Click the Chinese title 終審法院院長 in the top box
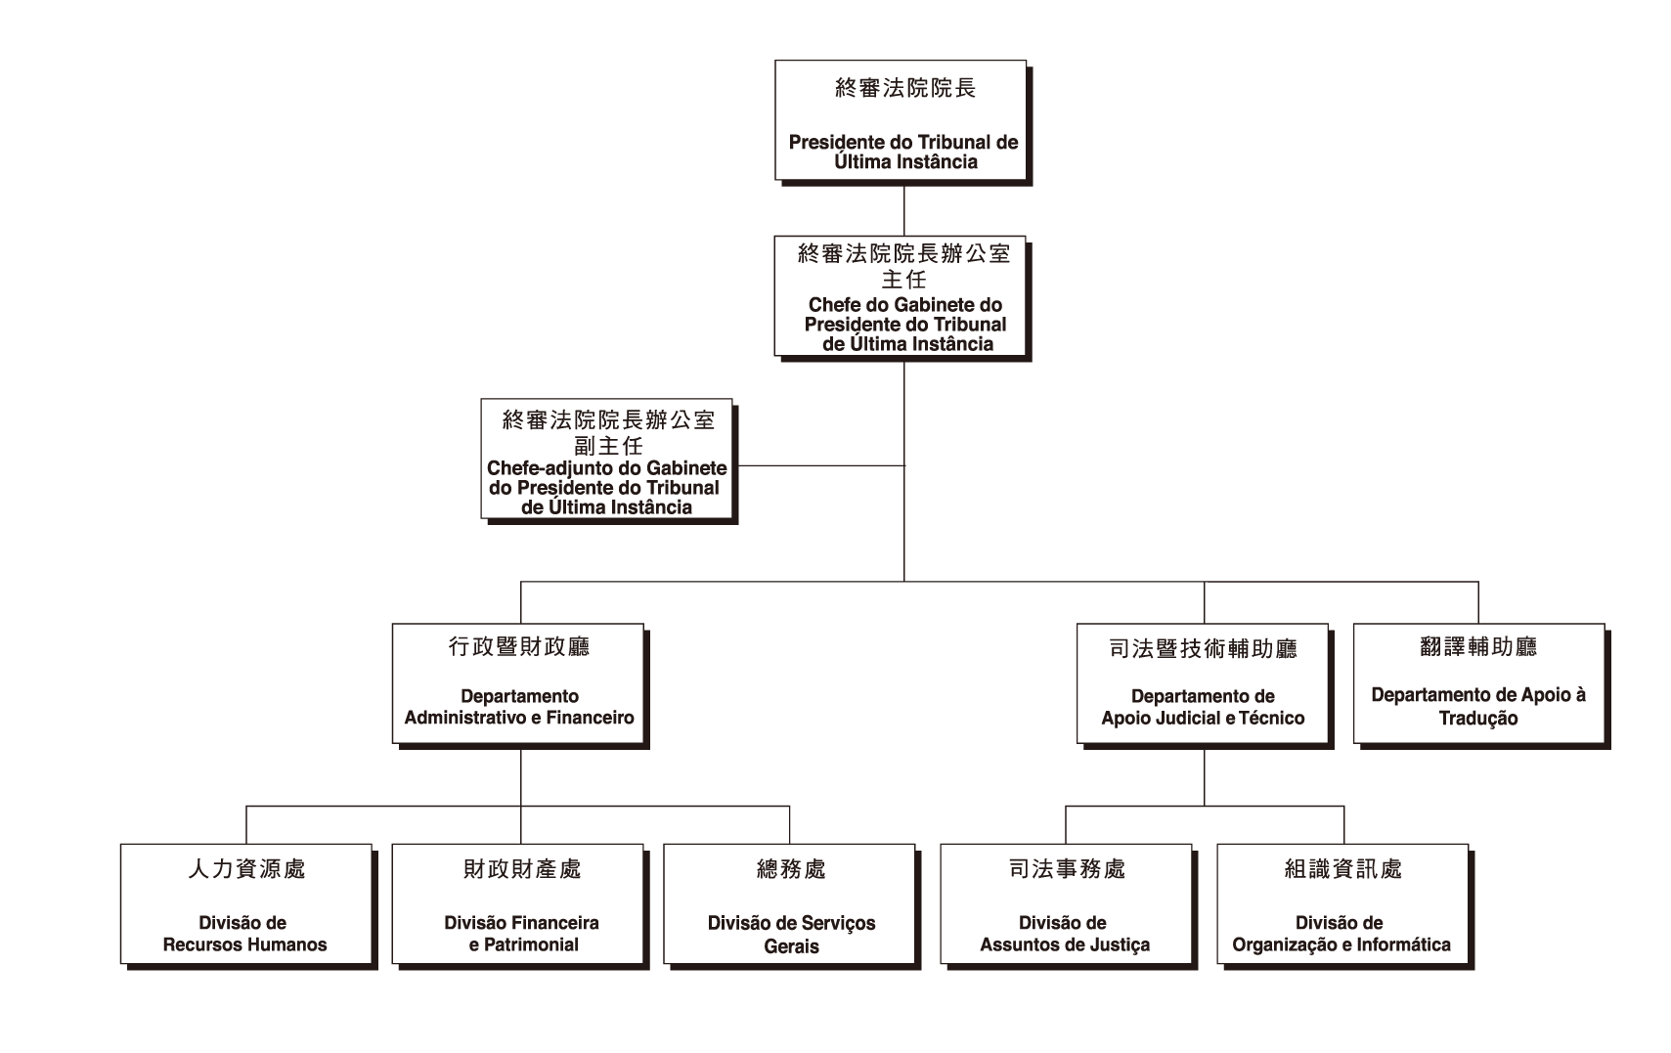pos(904,88)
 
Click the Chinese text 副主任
pos(608,446)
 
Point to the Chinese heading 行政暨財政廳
pos(519,646)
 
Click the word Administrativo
pos(464,718)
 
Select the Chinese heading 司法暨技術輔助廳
pos(1203,648)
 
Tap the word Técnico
pos(1271,719)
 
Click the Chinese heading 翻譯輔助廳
pos(1478,646)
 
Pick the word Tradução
pos(1478,719)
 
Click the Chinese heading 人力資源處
pos(246,868)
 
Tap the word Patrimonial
pos(532,945)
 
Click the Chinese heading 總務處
pos(791,868)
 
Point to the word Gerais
pos(791,946)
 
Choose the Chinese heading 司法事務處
pos(1067,868)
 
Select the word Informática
pos(1402,945)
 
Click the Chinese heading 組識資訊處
pos(1342,868)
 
